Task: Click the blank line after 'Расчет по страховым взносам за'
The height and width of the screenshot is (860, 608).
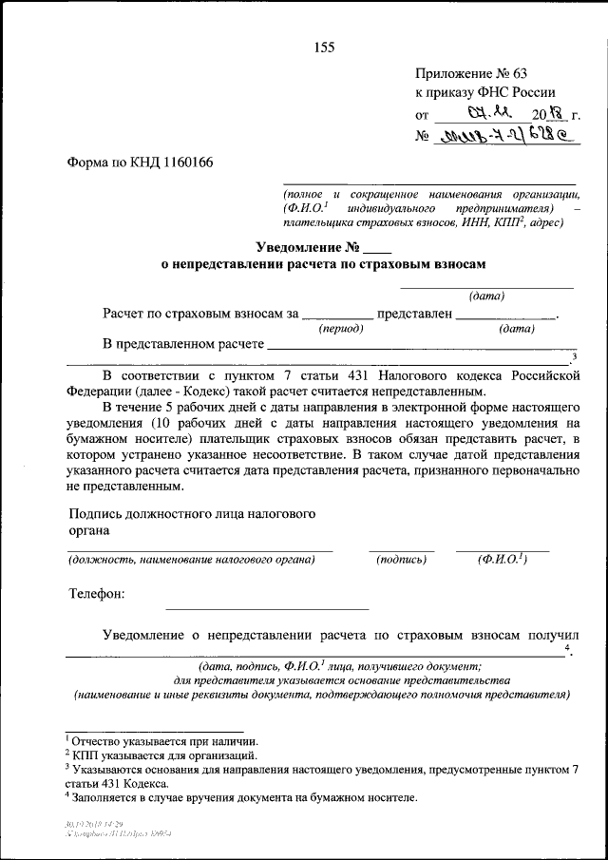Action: point(339,315)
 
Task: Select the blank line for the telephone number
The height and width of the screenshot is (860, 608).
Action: point(267,605)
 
